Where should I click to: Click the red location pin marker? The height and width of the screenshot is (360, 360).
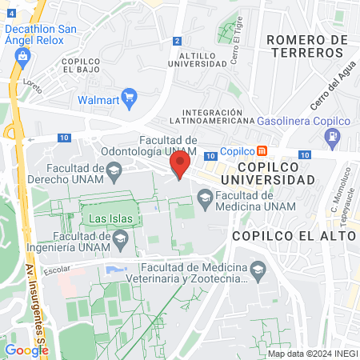[x=179, y=166]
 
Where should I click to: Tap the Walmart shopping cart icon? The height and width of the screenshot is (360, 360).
[x=129, y=100]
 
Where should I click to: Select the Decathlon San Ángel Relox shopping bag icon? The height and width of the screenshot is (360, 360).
[x=22, y=55]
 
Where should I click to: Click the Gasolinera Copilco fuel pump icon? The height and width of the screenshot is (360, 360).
[x=334, y=138]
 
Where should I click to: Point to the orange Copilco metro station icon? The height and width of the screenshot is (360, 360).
[x=262, y=151]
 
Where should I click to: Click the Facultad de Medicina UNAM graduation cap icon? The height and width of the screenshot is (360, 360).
[x=205, y=197]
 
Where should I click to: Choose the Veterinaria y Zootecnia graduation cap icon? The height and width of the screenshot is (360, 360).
[x=258, y=274]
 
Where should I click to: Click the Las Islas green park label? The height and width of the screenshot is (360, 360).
[x=110, y=218]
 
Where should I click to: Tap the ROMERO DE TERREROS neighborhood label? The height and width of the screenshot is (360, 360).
[x=307, y=46]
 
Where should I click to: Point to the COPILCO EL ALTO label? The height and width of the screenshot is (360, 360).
[x=294, y=236]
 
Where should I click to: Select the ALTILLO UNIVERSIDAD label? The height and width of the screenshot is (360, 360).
[x=196, y=59]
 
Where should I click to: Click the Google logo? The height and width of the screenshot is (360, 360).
[x=26, y=350]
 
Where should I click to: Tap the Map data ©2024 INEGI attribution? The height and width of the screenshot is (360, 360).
[x=313, y=354]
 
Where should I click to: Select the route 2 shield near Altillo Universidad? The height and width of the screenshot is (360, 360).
[x=176, y=40]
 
